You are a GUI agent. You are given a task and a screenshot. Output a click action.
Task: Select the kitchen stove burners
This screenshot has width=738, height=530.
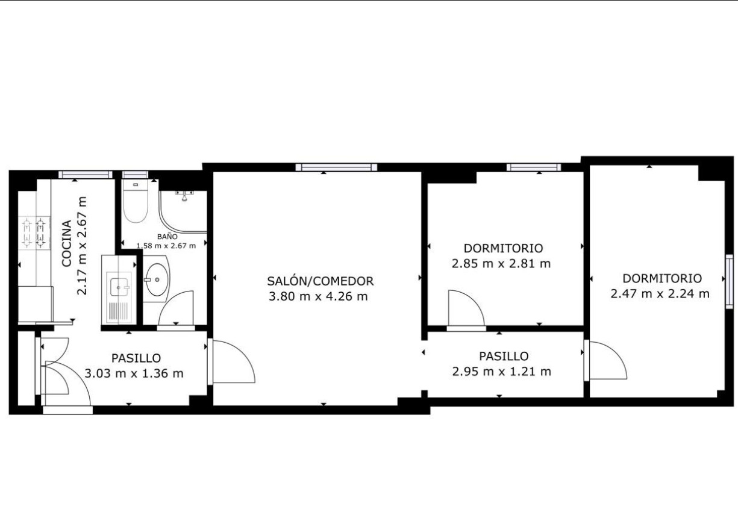pos(34,233)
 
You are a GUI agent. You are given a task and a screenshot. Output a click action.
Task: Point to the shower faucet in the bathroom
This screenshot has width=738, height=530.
pos(184,195)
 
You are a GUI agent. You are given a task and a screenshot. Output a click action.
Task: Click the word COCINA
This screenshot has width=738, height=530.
pos(67,243)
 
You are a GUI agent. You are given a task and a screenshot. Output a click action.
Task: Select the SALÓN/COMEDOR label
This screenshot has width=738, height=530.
pos(321,281)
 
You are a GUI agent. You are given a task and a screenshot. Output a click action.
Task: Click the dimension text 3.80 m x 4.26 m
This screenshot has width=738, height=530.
pos(317,296)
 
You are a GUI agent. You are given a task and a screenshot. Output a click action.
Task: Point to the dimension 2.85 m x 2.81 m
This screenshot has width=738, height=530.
pos(501,263)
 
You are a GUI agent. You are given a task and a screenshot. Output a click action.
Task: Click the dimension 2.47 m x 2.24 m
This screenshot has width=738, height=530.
pos(660,294)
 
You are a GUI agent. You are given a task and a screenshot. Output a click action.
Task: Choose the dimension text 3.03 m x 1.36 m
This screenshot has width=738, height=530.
pos(134,373)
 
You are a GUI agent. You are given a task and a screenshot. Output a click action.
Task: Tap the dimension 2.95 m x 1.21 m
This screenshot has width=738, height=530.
pos(501,372)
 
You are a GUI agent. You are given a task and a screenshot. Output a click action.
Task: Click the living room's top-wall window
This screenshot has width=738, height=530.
pos(337,167)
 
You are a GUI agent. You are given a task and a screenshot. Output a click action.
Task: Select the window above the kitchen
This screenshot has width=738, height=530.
pos(86,175)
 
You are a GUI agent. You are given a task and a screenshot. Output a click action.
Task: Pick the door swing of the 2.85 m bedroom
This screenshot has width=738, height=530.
pos(466,308)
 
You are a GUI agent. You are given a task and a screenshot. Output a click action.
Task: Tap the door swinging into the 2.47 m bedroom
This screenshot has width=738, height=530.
pos(607,360)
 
